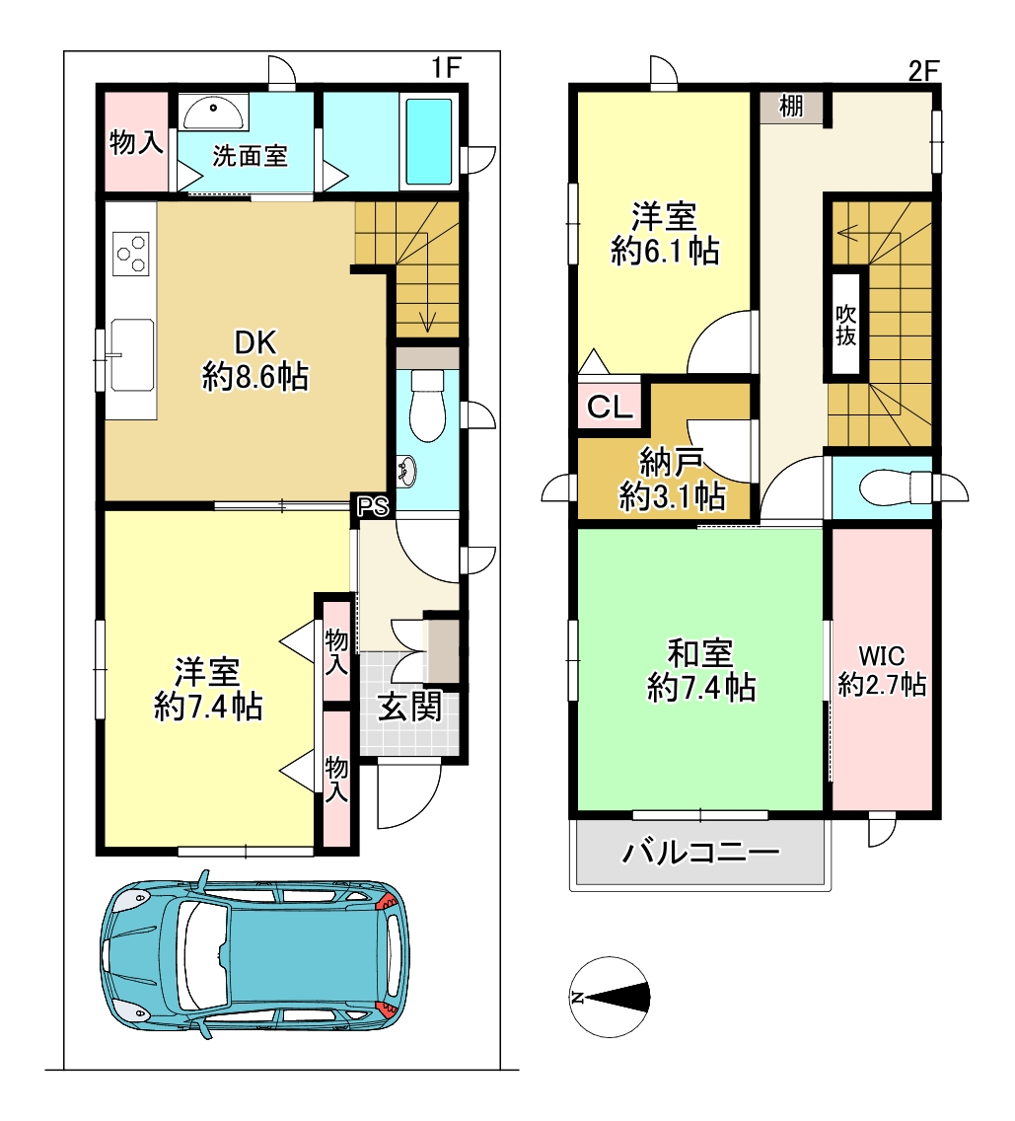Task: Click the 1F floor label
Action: [x=446, y=68]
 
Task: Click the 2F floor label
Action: [x=923, y=71]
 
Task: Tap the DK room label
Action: [x=255, y=343]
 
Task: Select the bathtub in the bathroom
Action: [x=429, y=142]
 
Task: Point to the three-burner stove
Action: [x=132, y=253]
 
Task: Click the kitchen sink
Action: [x=132, y=354]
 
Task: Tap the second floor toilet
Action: [x=895, y=489]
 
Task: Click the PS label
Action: [x=373, y=506]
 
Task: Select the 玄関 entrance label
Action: [x=409, y=708]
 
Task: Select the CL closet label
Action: [x=610, y=408]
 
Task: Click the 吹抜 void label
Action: [x=845, y=325]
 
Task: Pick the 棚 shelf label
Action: [x=791, y=107]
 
